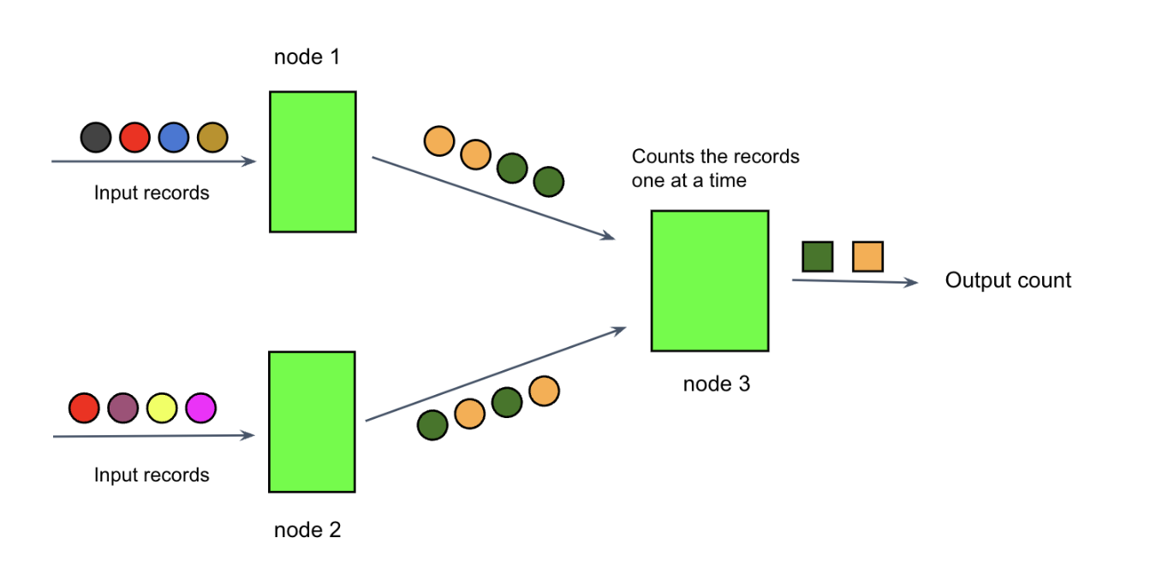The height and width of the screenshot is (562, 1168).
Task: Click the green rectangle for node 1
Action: pos(313,161)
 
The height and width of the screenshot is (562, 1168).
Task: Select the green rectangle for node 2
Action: pos(312,421)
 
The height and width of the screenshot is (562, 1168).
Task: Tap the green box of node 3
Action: pos(710,281)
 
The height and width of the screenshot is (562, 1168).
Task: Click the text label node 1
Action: pos(307,57)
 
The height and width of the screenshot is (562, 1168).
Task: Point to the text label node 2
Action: pos(307,530)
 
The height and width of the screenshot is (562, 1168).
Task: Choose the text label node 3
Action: pos(716,385)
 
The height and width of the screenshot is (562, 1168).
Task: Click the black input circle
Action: pos(96,137)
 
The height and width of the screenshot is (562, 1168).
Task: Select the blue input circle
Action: pos(173,137)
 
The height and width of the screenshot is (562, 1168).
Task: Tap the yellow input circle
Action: pos(162,407)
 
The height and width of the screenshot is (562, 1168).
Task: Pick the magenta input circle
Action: pos(201,407)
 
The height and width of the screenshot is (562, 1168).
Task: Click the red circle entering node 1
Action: pos(134,137)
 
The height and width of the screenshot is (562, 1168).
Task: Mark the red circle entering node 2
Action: pos(84,407)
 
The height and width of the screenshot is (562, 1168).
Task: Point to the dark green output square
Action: pos(817,256)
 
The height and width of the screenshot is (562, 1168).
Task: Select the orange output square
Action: pos(867,256)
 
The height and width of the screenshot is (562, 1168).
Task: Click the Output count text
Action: pos(1008,280)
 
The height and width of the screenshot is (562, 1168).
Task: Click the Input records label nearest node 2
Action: pos(152,475)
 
